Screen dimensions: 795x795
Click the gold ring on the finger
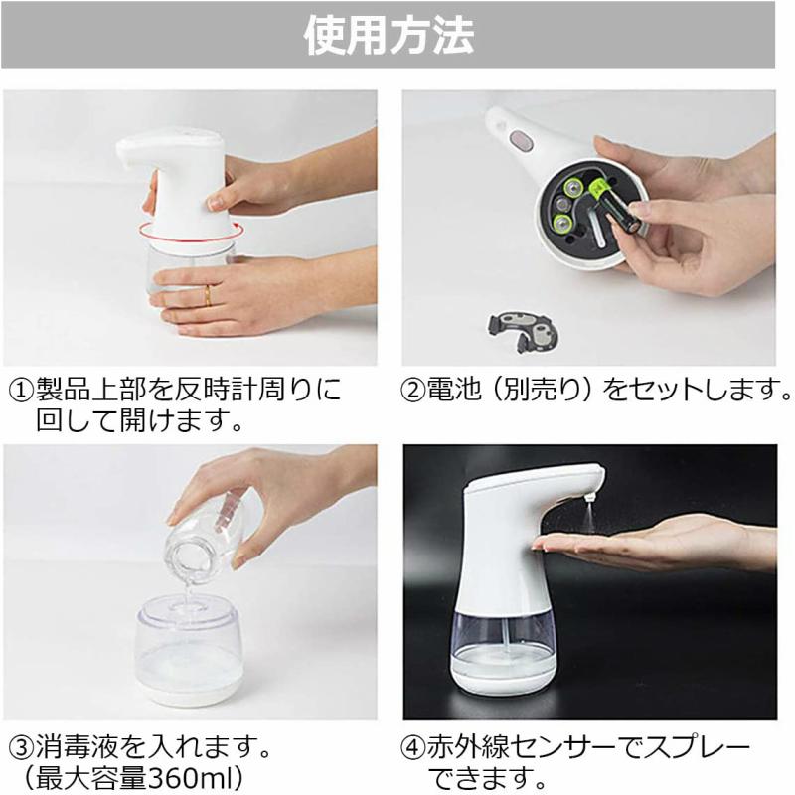coord(207,294)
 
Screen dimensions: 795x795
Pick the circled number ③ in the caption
coord(21,744)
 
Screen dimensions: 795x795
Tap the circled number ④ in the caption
coord(414,744)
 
